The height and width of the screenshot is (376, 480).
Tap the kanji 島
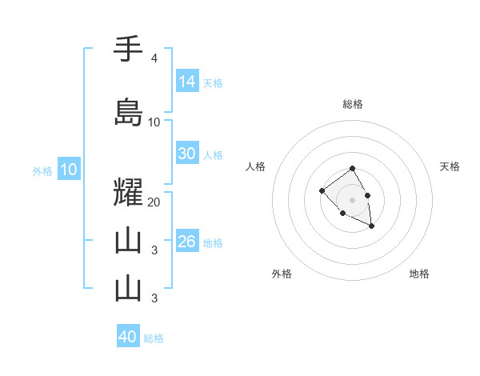point(128,113)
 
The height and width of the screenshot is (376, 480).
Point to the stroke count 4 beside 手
point(154,58)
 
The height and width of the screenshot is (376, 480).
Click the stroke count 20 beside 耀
point(154,202)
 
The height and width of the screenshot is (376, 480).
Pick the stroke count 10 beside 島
point(154,122)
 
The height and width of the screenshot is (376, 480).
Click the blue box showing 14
point(187,81)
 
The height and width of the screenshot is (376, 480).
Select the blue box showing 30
point(187,154)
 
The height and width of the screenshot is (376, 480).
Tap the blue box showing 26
point(187,242)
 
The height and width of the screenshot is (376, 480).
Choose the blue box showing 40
point(128,337)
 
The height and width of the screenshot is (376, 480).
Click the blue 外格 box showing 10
point(69,170)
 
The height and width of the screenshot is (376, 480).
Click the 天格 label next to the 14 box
point(213,82)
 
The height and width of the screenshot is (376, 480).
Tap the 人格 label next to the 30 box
point(213,155)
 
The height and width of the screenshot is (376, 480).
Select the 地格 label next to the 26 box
point(213,243)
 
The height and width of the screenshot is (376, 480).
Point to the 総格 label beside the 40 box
point(154,338)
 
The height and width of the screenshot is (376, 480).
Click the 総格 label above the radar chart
point(352,104)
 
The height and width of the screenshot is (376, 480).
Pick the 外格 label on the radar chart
point(282,274)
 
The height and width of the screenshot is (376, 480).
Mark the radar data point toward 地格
point(372,227)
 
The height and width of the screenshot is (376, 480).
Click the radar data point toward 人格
point(322,190)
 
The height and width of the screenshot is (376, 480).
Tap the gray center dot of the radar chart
point(352,199)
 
